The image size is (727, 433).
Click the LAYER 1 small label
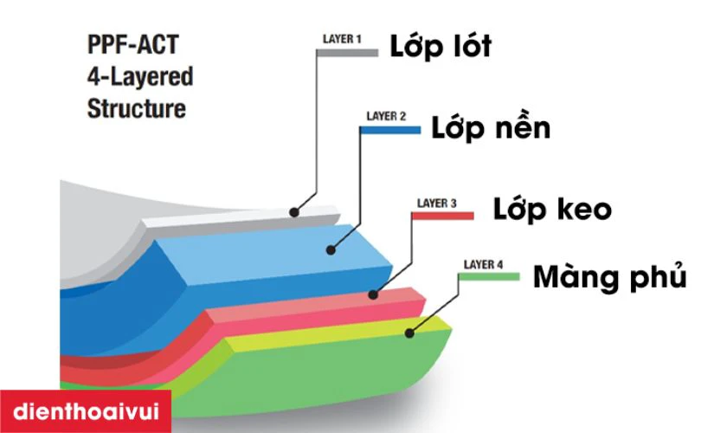[342, 40]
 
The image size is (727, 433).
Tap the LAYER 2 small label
[386, 117]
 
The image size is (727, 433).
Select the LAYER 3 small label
[436, 204]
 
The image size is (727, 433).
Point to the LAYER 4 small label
[483, 264]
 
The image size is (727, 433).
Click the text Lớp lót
[440, 47]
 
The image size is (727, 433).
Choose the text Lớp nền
[491, 127]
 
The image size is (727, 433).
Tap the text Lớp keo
[552, 209]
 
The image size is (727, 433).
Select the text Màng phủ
[609, 276]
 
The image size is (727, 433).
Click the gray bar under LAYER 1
[347, 53]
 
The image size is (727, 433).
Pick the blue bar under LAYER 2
[390, 131]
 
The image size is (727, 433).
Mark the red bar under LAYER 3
[443, 216]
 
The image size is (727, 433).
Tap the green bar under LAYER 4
[489, 277]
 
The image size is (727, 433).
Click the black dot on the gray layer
[294, 212]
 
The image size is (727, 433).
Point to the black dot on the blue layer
[331, 250]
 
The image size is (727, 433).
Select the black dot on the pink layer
[373, 294]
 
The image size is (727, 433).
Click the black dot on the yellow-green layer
[409, 333]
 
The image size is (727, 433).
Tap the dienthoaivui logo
[86, 411]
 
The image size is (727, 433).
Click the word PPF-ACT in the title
[133, 44]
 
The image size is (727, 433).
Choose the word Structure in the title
[137, 108]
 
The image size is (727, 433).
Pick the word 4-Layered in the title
[140, 76]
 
